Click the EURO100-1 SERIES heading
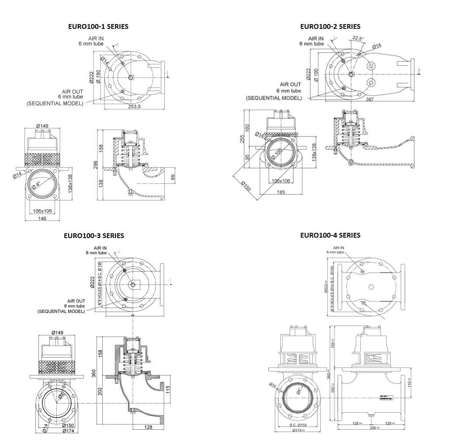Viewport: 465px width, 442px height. tap(98, 26)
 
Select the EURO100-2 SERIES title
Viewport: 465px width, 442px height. tap(330, 26)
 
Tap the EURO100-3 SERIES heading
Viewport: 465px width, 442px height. tap(94, 235)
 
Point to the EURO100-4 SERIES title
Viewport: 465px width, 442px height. tap(330, 235)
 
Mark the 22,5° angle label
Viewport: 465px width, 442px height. tap(358, 39)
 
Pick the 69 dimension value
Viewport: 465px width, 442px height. tap(172, 177)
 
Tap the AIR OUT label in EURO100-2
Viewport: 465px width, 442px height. tap(290, 84)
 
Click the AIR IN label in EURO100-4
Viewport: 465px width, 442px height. tap(339, 248)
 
